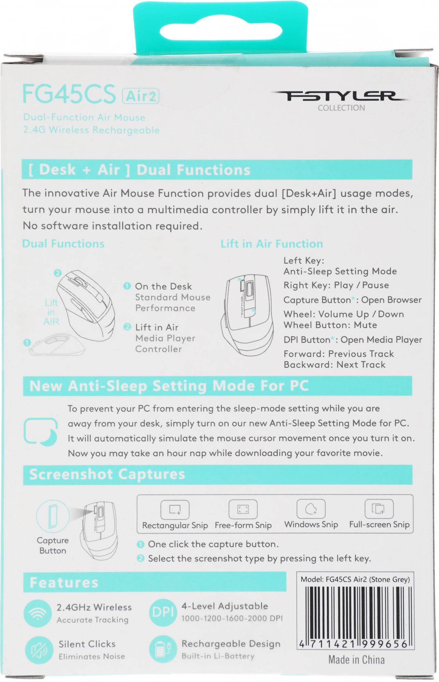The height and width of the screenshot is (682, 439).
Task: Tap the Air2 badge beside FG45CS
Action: tap(141, 96)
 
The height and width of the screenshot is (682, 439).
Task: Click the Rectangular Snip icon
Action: tap(175, 509)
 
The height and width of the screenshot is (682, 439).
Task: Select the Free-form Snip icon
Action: tap(243, 509)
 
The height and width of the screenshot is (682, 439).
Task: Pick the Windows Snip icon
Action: tap(311, 509)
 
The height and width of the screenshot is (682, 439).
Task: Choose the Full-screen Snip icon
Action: tap(379, 509)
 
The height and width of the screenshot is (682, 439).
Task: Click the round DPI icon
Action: tap(163, 613)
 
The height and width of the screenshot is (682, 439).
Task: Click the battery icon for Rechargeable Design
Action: tap(163, 650)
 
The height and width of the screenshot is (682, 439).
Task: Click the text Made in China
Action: tap(356, 660)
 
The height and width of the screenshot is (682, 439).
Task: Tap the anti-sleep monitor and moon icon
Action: tap(41, 431)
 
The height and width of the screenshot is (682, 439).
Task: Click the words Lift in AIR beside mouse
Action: tap(51, 312)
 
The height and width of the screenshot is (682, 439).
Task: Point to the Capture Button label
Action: tap(53, 545)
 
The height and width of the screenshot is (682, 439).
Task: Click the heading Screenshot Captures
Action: tap(107, 474)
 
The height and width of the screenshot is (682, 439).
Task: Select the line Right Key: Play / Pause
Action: tap(336, 285)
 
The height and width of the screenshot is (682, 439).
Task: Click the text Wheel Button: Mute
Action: tap(330, 325)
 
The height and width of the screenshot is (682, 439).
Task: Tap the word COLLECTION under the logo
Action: tap(341, 108)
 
